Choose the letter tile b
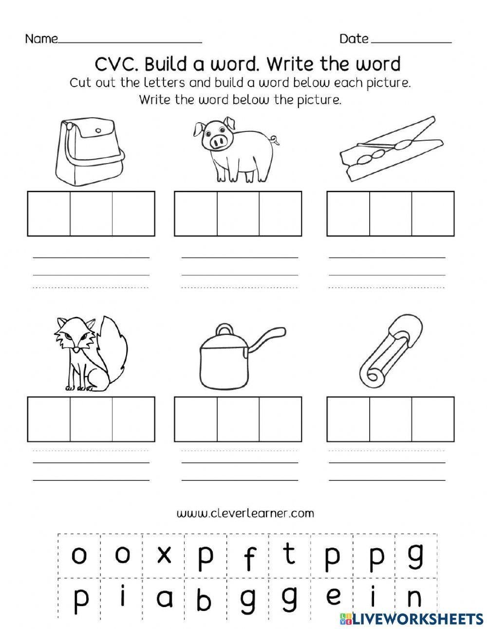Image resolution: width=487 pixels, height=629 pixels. (x=206, y=599)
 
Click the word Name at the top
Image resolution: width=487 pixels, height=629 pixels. (x=41, y=39)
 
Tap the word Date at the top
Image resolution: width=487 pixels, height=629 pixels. (x=354, y=39)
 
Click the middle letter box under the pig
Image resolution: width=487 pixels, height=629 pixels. (x=238, y=214)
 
